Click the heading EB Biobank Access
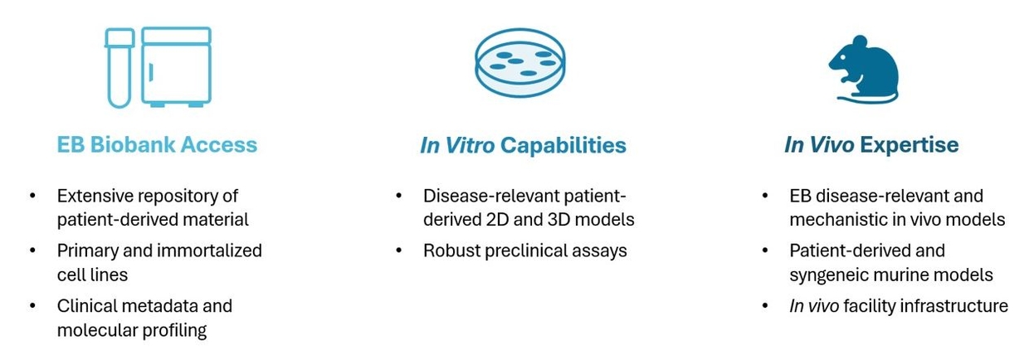pos(157,144)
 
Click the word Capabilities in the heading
pos(563,145)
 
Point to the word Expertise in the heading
pos(909,145)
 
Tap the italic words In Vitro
pos(457,145)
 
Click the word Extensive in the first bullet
pos(94,196)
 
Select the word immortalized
pos(210,251)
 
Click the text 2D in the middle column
pos(498,220)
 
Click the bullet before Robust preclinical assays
pos(399,251)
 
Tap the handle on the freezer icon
pos(151,72)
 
